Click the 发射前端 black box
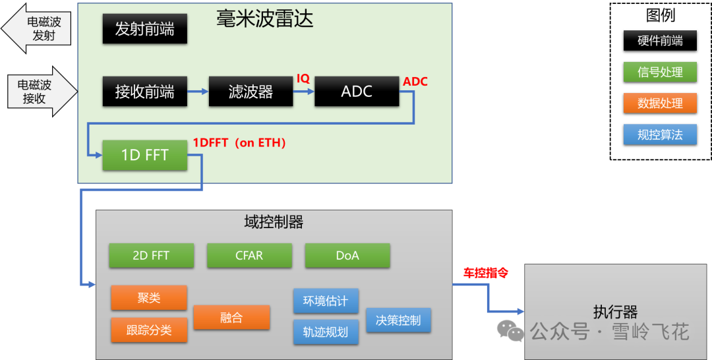pyautogui.click(x=144, y=30)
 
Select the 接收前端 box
pyautogui.click(x=144, y=92)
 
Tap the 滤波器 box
pyautogui.click(x=251, y=92)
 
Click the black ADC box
pyautogui.click(x=357, y=92)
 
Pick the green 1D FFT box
pyautogui.click(x=144, y=156)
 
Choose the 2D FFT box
pyautogui.click(x=151, y=256)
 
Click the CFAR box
pyautogui.click(x=249, y=256)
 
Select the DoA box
pyautogui.click(x=347, y=256)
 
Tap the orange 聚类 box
pyautogui.click(x=149, y=298)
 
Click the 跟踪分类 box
pyautogui.click(x=149, y=330)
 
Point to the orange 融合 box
pyautogui.click(x=231, y=318)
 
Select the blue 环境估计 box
pyautogui.click(x=326, y=301)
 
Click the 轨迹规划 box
pyautogui.click(x=326, y=332)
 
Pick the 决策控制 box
pyautogui.click(x=398, y=320)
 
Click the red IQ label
pyautogui.click(x=303, y=78)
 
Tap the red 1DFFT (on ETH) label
pyautogui.click(x=239, y=142)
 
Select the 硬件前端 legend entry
pyautogui.click(x=660, y=41)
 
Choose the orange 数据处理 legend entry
pyautogui.click(x=660, y=104)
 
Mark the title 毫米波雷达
pyautogui.click(x=264, y=18)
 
